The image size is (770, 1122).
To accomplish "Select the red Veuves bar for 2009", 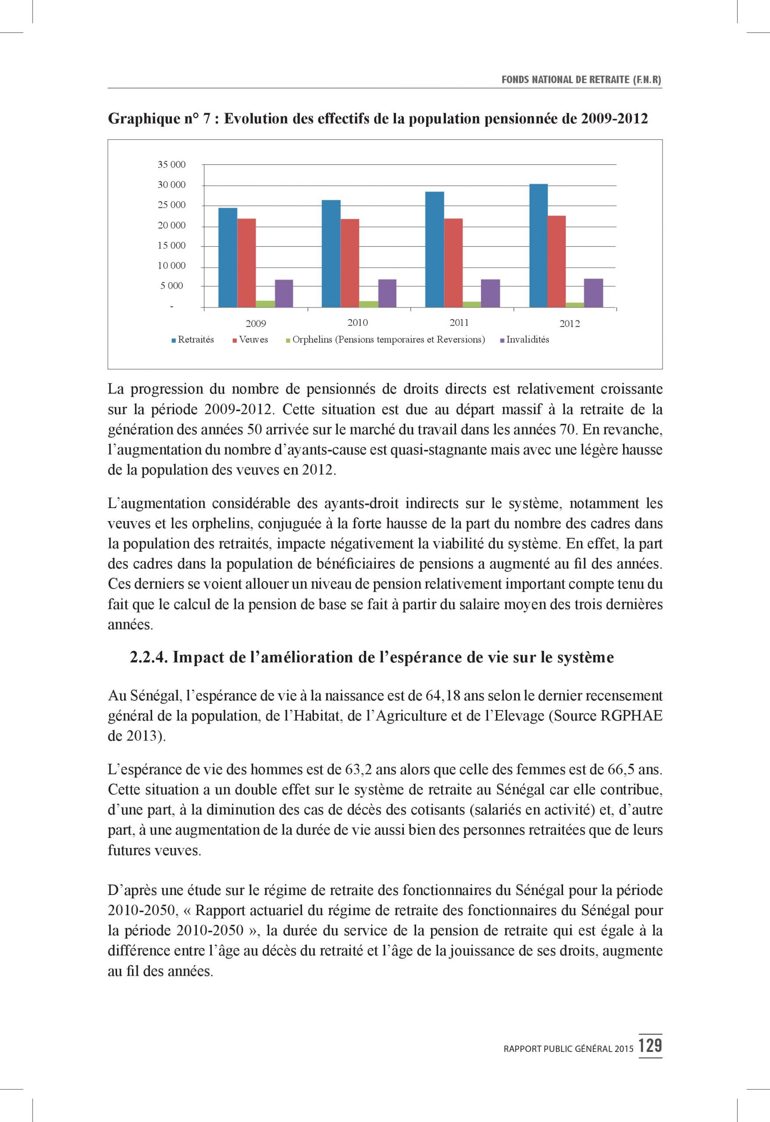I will (246, 263).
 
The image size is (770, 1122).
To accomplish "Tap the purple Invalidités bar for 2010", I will (387, 293).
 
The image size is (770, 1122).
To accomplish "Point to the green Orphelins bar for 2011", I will (472, 304).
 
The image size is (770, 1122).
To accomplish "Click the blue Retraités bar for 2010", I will (331, 253).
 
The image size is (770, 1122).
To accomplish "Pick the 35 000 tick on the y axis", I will (171, 165).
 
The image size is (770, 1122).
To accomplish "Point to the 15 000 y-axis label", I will (171, 245).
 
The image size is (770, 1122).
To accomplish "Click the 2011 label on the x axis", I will (459, 323).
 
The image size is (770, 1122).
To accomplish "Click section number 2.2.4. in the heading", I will (149, 657).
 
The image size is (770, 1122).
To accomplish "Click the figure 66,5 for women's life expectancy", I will (622, 769).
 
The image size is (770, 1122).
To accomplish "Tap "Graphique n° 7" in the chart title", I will (159, 119).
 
